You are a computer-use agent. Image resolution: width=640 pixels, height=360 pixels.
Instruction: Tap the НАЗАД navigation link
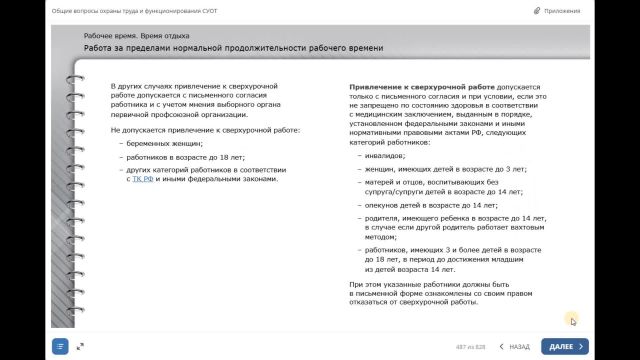(x=514, y=346)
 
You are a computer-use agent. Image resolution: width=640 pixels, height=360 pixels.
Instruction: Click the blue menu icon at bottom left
(x=60, y=346)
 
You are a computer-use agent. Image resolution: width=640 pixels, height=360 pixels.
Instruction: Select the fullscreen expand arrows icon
(x=80, y=346)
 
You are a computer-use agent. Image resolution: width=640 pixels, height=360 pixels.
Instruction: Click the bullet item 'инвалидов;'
(x=385, y=156)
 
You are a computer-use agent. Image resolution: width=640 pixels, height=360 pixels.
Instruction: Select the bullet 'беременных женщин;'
(x=159, y=144)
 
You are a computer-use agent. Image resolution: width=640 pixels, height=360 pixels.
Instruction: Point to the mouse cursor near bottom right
(x=574, y=320)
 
